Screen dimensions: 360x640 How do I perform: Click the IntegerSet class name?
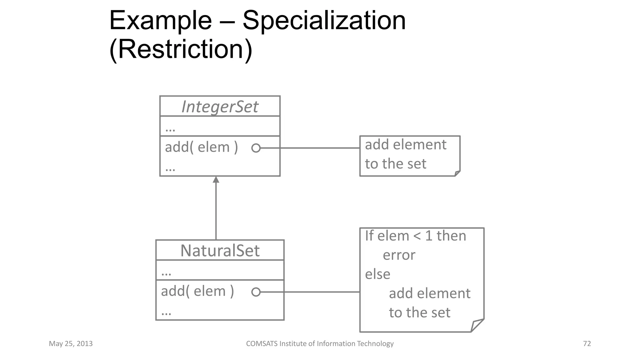tap(220, 107)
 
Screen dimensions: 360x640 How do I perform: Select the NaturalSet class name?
tap(220, 251)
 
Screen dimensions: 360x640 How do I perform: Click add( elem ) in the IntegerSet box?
tap(201, 147)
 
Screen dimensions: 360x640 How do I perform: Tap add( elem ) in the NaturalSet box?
tap(197, 291)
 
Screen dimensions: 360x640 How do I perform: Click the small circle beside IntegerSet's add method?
tap(256, 148)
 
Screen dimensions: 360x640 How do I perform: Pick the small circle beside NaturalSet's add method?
tap(256, 292)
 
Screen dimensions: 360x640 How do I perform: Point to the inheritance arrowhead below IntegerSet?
tap(216, 180)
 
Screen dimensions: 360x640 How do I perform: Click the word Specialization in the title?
tap(324, 21)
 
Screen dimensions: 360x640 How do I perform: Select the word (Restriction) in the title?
tap(181, 49)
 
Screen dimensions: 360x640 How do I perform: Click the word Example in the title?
tap(160, 21)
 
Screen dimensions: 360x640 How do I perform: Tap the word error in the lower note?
tap(399, 255)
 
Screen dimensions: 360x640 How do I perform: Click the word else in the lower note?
tap(377, 274)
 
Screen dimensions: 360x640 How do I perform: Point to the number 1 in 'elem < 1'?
tap(429, 236)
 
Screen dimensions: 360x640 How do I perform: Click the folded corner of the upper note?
tap(457, 173)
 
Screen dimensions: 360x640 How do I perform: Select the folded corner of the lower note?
tap(477, 325)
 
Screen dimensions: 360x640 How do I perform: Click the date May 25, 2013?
tap(71, 344)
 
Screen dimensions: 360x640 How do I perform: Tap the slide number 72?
tap(587, 344)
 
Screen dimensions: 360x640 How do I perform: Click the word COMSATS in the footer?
tap(261, 344)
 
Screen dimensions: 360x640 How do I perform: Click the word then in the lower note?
tap(451, 236)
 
